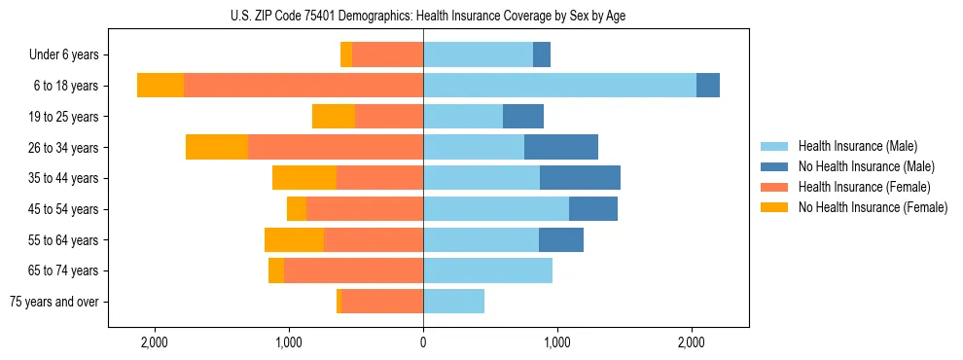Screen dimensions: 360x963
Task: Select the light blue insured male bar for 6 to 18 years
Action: click(x=559, y=86)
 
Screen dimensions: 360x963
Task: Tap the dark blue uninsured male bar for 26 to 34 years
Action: click(x=560, y=147)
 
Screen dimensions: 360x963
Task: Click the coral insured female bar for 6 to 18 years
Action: click(x=303, y=86)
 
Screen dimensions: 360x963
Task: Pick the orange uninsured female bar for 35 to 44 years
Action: click(x=303, y=178)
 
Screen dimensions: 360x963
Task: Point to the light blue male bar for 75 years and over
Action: click(x=453, y=302)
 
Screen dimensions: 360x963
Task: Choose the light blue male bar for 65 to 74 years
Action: click(x=487, y=270)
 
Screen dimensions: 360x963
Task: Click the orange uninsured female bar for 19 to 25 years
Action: click(x=333, y=117)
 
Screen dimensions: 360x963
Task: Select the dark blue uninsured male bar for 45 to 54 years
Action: click(x=592, y=209)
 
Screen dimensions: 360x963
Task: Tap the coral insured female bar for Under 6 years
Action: click(x=387, y=54)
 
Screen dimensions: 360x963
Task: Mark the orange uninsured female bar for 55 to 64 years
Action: click(x=294, y=240)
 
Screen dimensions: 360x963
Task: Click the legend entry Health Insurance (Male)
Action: click(x=857, y=146)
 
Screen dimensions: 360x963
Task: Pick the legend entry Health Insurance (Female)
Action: click(x=864, y=187)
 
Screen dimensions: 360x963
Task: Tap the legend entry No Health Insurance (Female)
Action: click(x=873, y=207)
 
